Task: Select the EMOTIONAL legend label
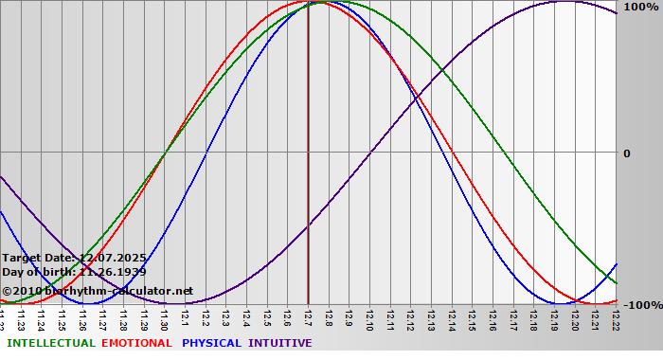[136, 343]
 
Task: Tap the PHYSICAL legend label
[211, 343]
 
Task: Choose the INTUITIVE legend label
[279, 343]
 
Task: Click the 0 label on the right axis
[624, 153]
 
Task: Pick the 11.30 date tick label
[165, 317]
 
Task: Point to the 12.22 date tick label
[616, 317]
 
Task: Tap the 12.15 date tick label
[472, 317]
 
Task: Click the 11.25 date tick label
[63, 317]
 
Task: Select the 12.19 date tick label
[554, 317]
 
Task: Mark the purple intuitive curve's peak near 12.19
[564, 2]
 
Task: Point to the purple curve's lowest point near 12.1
[185, 303]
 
